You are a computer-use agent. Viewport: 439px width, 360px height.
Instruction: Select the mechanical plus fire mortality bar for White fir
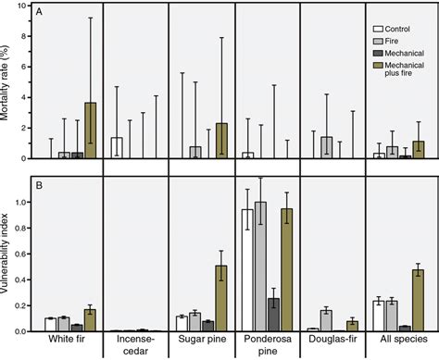91,130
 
